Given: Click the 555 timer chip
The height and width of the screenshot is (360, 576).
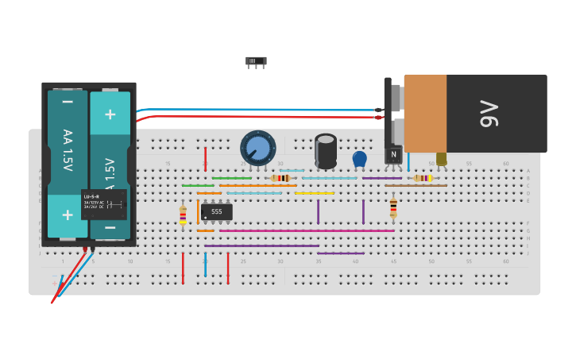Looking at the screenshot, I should pos(216,212).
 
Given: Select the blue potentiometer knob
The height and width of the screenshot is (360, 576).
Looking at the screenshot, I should pos(257,148).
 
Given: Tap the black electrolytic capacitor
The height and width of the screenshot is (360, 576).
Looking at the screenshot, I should pos(326,150).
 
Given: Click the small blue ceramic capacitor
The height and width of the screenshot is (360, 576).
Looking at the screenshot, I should pos(359,159).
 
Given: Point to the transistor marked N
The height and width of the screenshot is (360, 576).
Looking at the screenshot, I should pos(393,153).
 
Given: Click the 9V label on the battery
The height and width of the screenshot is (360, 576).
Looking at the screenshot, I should pos(488,114).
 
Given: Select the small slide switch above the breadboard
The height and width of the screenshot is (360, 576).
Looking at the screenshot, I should pos(256,61).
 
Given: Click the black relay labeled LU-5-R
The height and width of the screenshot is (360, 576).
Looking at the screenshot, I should pos(103,204).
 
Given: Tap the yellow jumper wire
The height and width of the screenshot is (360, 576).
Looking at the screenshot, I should pos(314,193).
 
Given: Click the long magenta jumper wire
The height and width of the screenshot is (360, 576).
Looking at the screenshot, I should pos(306,230).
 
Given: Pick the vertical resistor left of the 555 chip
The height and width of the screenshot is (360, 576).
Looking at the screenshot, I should pos(183,215).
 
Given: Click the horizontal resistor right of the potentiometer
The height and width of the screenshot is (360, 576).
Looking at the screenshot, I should pos(280,178).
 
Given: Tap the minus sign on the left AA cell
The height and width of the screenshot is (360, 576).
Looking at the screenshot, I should pos(68,102).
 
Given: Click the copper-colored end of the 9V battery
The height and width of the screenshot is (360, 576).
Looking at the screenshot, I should pos(425,114).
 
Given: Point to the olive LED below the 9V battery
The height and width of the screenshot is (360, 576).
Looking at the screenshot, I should pos(441,159).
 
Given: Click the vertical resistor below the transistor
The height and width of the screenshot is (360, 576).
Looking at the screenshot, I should pos(393,208).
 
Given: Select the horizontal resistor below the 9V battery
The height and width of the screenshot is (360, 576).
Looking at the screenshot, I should pos(423,178).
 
